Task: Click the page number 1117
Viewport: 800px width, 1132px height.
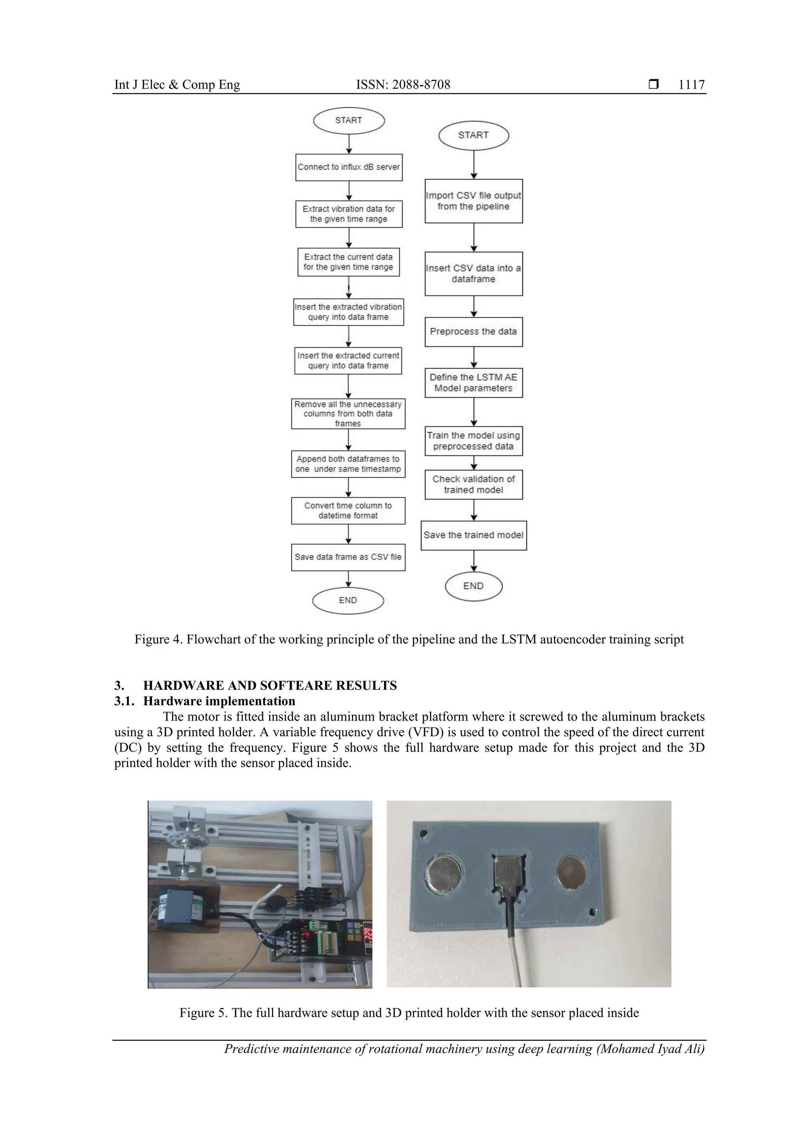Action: [691, 85]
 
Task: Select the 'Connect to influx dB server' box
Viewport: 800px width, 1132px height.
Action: [348, 167]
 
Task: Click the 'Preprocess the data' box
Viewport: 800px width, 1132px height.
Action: [473, 332]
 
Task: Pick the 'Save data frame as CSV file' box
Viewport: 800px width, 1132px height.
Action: [348, 557]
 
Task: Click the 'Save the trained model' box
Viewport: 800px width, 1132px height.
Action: [473, 535]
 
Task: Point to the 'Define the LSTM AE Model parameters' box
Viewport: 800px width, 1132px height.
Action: [473, 383]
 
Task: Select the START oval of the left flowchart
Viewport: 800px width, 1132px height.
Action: [348, 120]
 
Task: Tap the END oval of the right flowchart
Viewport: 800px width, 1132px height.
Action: [473, 586]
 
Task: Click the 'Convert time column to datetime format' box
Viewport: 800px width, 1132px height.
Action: [348, 511]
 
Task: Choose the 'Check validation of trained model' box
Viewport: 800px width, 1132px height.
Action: [473, 485]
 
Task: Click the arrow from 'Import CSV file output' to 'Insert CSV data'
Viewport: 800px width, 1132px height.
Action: [474, 237]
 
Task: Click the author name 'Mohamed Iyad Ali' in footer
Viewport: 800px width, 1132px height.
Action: [650, 1049]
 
